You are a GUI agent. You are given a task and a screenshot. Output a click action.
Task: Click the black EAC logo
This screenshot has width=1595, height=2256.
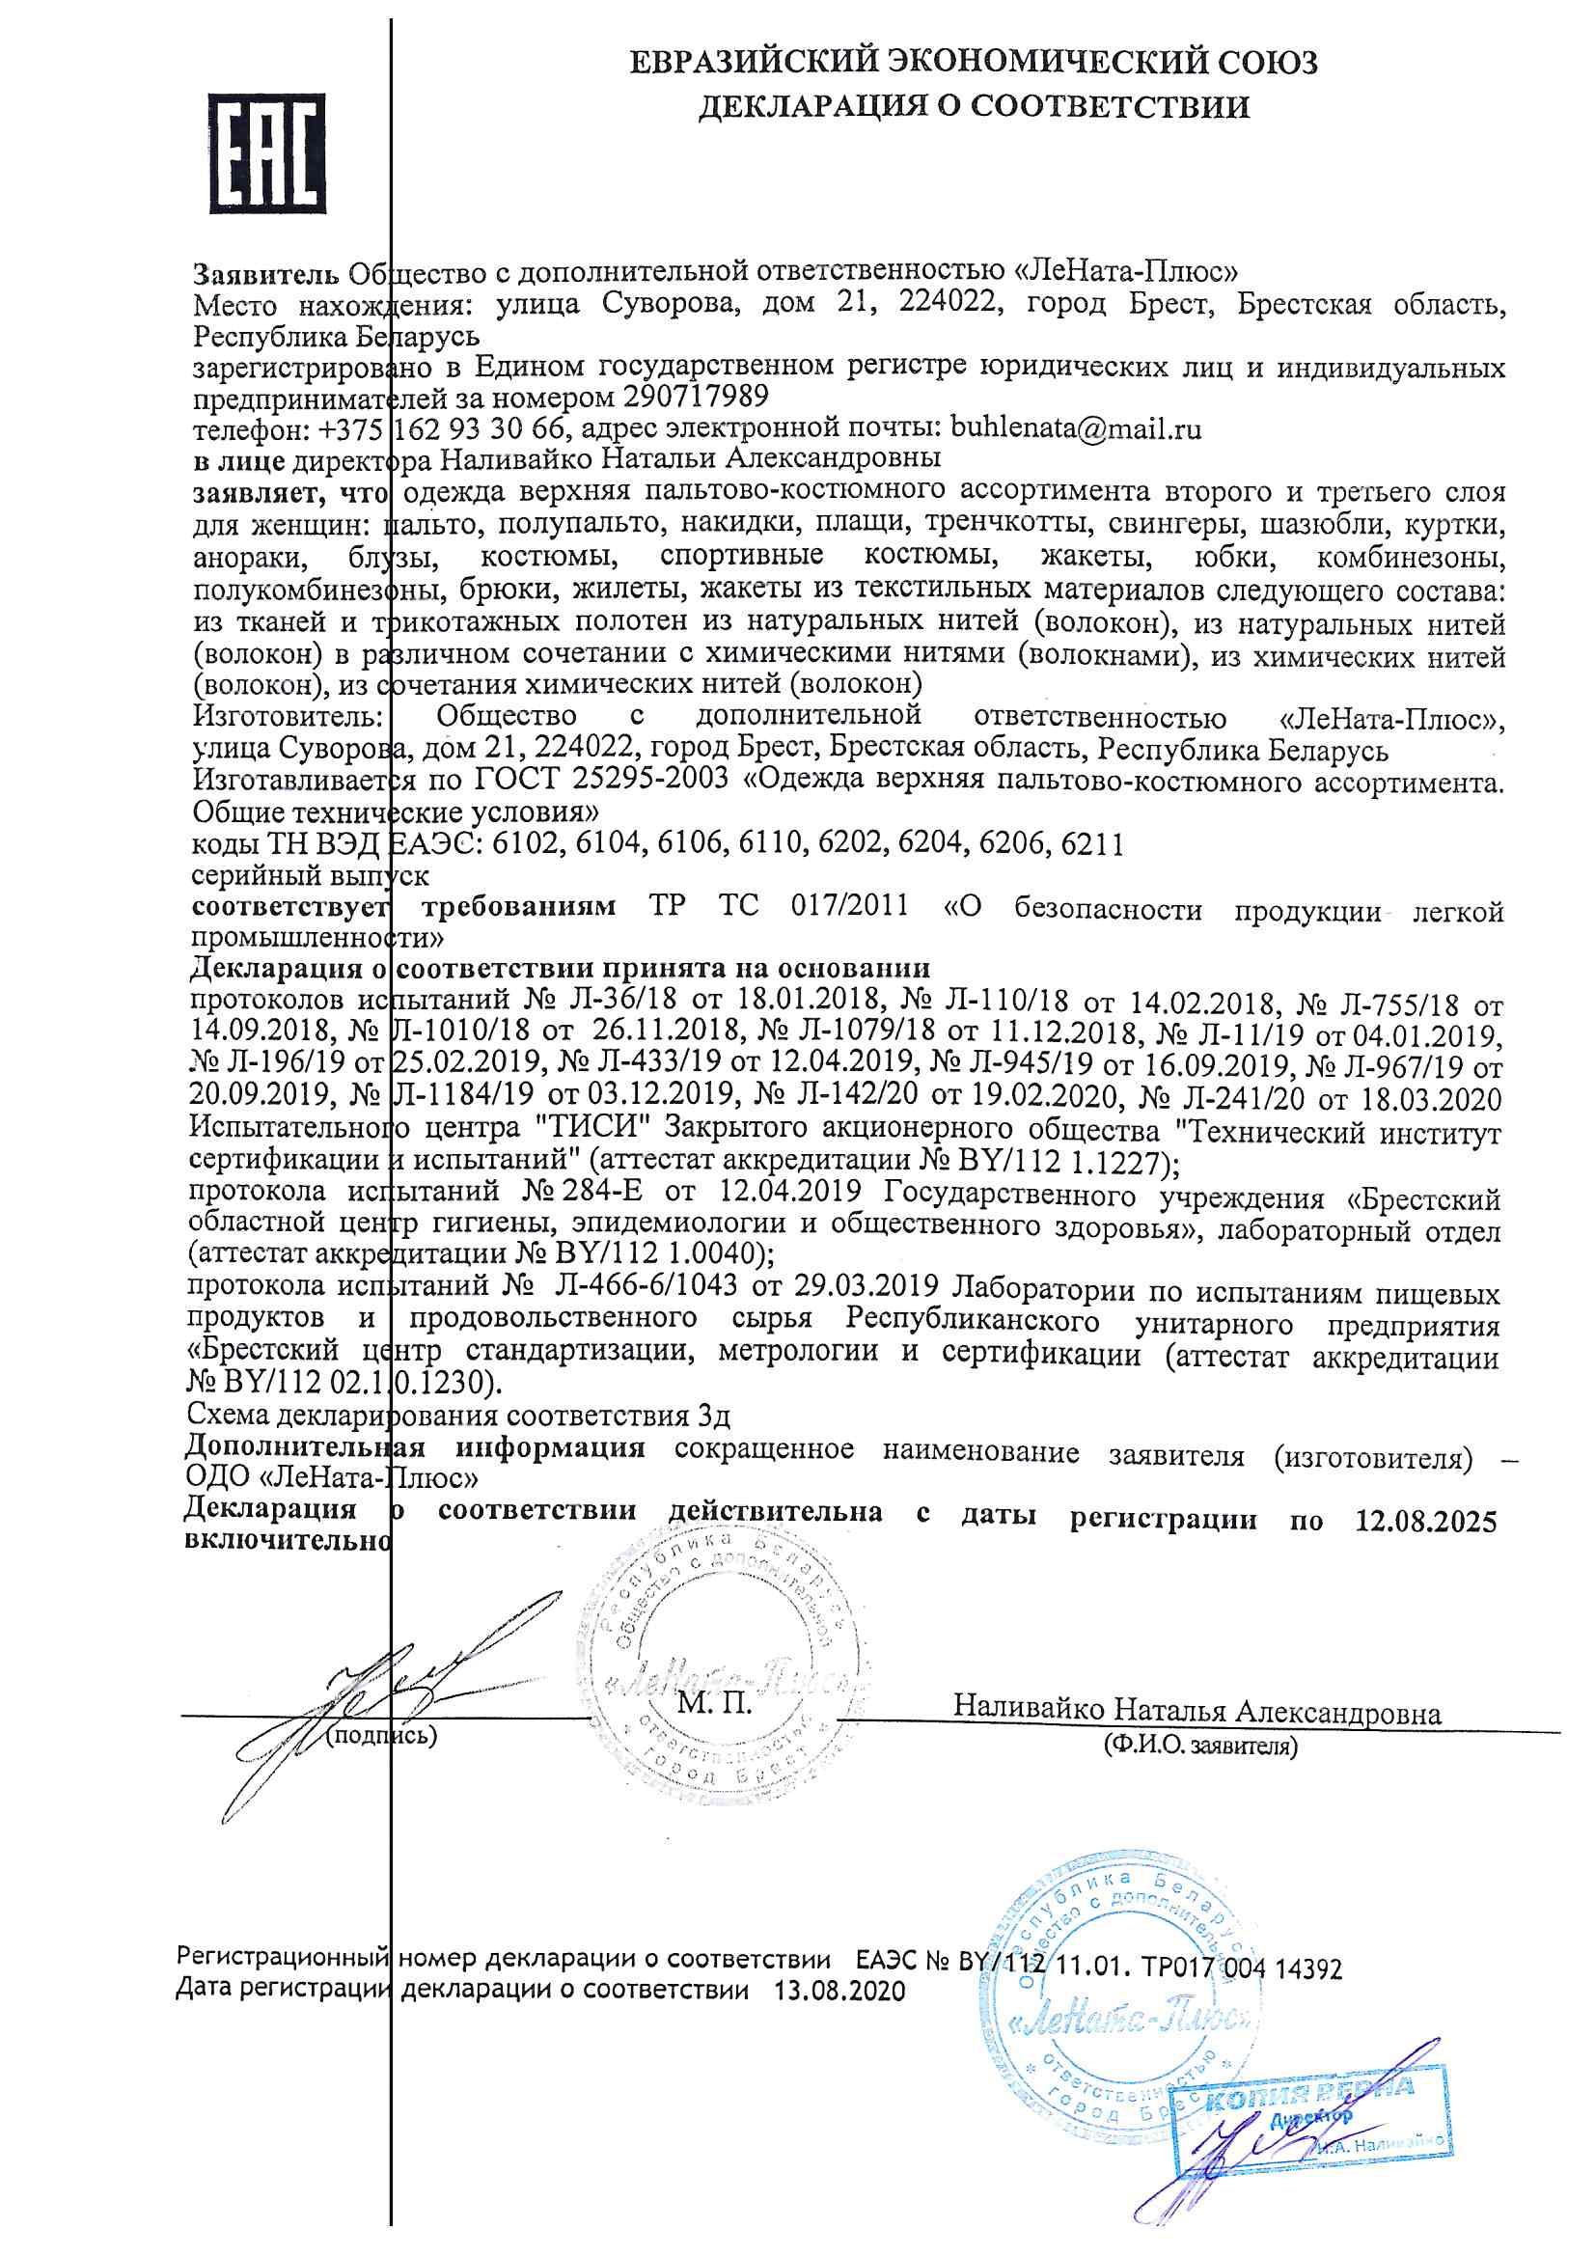pyautogui.click(x=267, y=154)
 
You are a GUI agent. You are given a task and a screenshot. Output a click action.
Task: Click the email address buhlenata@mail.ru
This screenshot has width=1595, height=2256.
pyautogui.click(x=1075, y=429)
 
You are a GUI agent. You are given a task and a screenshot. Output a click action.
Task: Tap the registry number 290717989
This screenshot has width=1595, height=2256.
pyautogui.click(x=696, y=397)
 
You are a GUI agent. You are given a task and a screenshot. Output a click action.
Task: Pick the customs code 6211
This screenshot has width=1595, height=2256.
pyautogui.click(x=1092, y=843)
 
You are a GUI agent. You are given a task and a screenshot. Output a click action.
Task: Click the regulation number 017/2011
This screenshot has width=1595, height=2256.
pyautogui.click(x=849, y=905)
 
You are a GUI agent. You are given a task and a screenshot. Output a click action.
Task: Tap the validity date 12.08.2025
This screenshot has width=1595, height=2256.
pyautogui.click(x=1425, y=1522)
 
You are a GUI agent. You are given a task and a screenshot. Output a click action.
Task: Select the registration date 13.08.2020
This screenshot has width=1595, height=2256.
pyautogui.click(x=839, y=1992)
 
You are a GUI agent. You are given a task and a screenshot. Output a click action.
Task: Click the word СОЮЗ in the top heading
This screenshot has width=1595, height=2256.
pyautogui.click(x=1268, y=62)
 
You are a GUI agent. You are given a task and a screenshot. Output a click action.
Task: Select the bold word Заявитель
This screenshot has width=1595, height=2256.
pyautogui.click(x=265, y=273)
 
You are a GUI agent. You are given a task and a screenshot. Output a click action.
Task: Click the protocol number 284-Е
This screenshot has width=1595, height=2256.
pyautogui.click(x=602, y=1192)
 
